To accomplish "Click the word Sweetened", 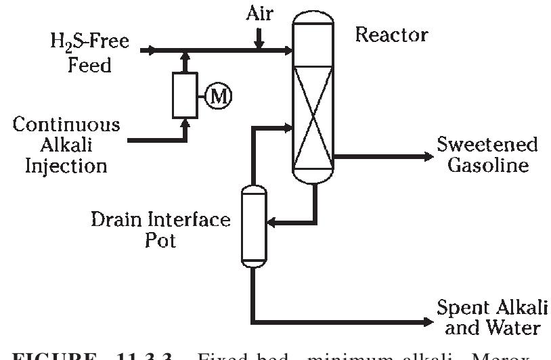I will (487, 144).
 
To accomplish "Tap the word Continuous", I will (66, 125).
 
